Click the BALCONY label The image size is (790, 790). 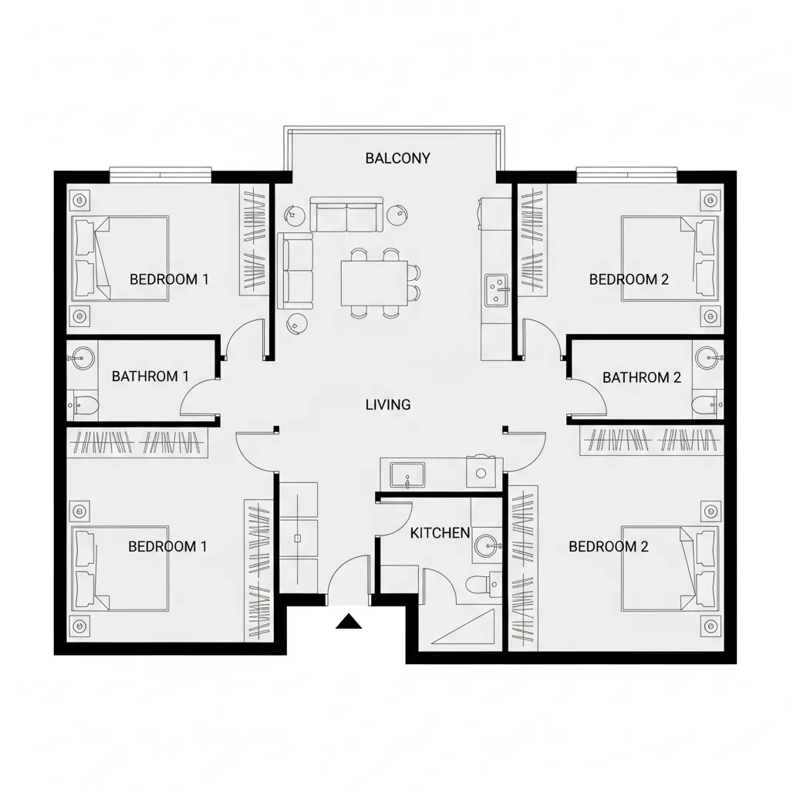(397, 158)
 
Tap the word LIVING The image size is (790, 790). (387, 403)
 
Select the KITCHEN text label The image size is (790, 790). (440, 532)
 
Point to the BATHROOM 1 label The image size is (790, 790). (150, 376)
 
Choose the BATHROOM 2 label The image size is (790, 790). (642, 377)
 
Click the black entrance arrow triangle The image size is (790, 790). (349, 620)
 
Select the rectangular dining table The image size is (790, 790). (374, 282)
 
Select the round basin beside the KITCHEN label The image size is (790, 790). (485, 545)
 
